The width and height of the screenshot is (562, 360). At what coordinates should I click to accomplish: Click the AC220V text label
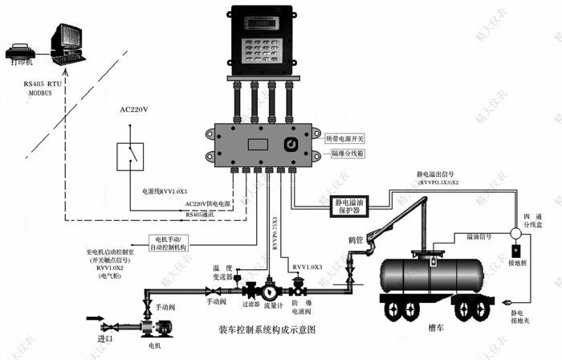coord(135,109)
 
